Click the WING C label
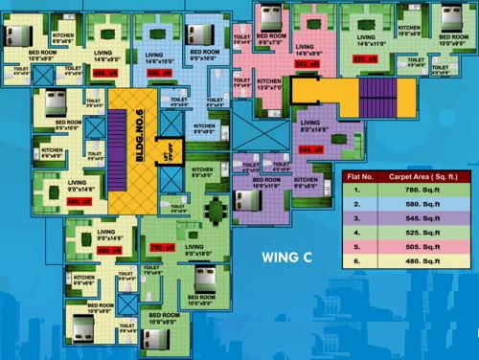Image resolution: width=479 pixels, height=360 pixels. point(288,255)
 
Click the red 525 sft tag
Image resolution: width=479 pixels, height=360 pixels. point(365,58)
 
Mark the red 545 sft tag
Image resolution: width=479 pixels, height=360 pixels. point(311,149)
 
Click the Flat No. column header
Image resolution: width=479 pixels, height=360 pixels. point(358,177)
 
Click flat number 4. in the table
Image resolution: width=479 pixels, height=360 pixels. point(358,232)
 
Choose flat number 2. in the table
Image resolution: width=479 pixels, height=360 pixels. point(358,204)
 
